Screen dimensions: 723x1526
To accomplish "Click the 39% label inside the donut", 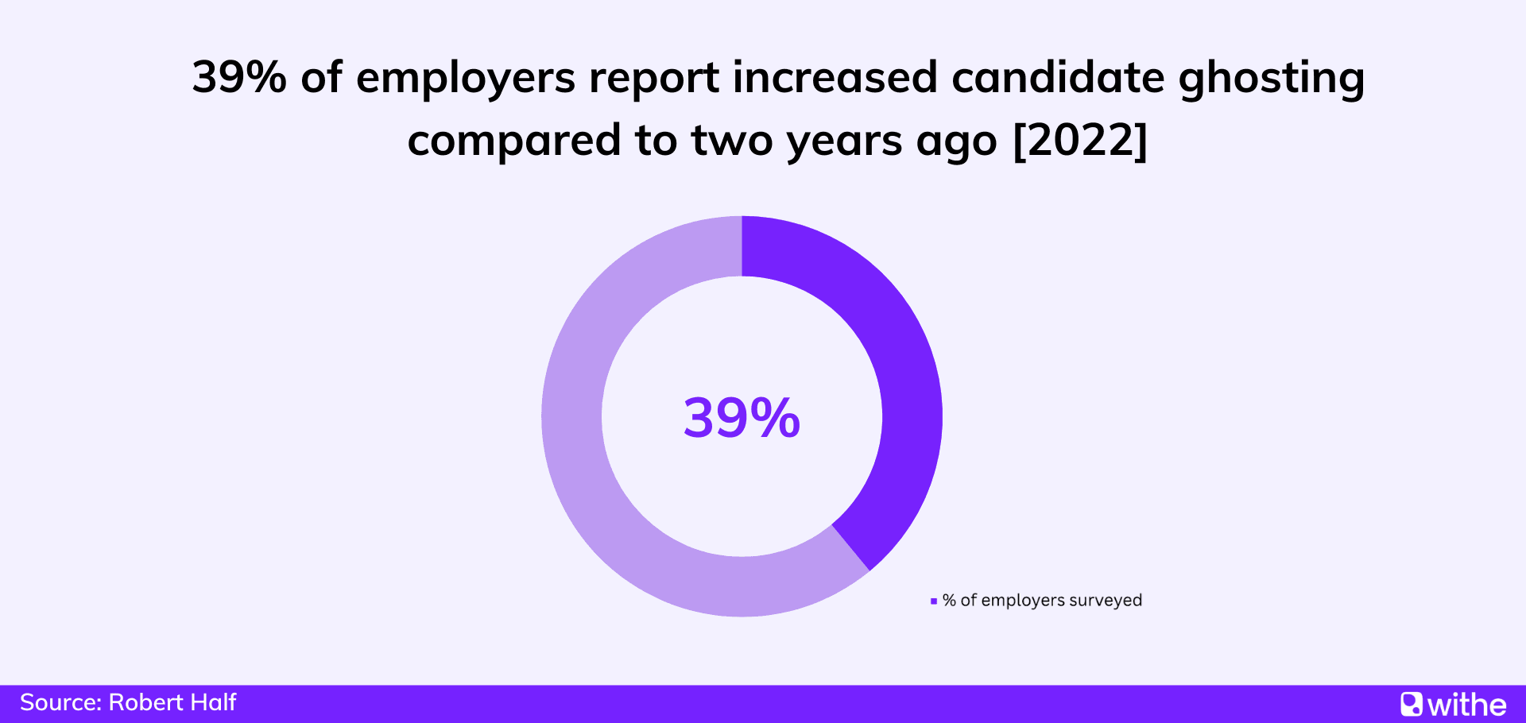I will point(742,418).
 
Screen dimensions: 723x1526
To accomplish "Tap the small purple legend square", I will point(934,601).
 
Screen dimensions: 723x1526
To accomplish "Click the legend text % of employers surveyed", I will point(1042,601).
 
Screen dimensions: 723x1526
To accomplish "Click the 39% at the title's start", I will point(238,78).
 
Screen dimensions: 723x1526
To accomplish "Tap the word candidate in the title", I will point(1057,78).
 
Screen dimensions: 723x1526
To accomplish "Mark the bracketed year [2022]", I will point(1080,141).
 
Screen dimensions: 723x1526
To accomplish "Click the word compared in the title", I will point(513,141).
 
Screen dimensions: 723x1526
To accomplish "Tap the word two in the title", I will point(731,141).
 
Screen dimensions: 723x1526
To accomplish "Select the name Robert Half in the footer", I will point(172,702).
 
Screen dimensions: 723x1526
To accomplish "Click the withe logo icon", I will point(1412,704).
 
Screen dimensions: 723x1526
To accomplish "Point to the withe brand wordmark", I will point(1466,705).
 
